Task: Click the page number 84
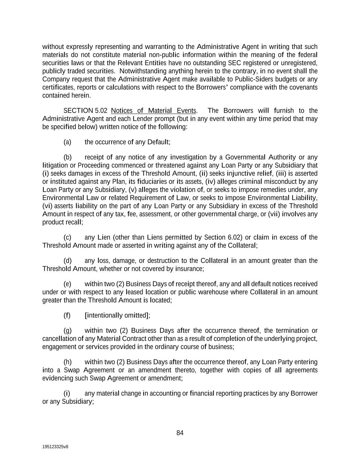[180, 433]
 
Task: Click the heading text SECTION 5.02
[85, 111]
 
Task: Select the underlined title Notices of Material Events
[154, 111]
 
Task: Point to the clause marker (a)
[67, 142]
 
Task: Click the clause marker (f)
[67, 315]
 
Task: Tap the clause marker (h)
[67, 362]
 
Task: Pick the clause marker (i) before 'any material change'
[67, 393]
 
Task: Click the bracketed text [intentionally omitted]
[117, 315]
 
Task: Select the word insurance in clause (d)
[189, 269]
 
